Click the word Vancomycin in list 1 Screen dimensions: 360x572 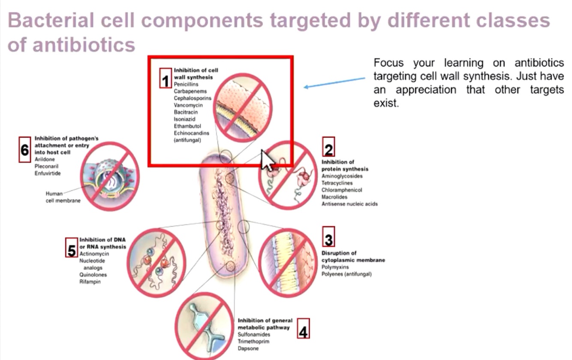[188, 105]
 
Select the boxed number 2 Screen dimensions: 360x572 [328, 148]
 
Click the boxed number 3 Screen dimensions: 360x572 [328, 238]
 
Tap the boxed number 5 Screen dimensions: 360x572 [72, 249]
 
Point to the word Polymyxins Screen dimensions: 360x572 [335, 267]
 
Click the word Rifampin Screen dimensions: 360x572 [90, 282]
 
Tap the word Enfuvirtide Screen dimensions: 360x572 [48, 173]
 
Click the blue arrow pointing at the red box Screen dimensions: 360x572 [334, 82]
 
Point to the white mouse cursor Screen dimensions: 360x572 [268, 160]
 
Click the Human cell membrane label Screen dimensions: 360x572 [63, 197]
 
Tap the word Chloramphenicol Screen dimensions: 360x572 [342, 190]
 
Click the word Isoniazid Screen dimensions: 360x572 [185, 119]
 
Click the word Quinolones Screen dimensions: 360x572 [93, 275]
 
